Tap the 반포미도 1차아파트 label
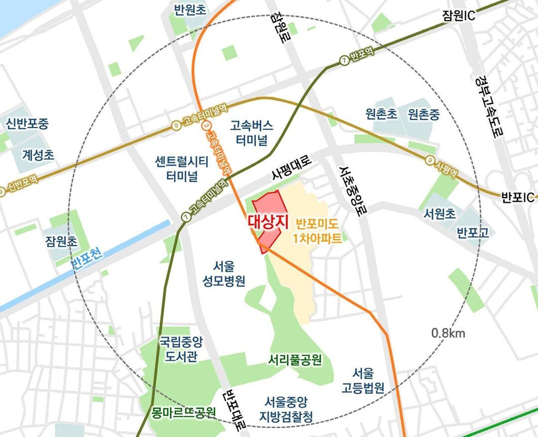[318, 230]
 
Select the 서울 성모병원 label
[224, 273]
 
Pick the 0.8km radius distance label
[448, 333]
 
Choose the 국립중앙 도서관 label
[181, 350]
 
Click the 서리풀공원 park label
[294, 360]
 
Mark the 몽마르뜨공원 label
[184, 412]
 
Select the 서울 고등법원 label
[363, 381]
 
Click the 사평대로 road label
[291, 169]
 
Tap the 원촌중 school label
[423, 115]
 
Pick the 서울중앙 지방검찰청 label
[289, 409]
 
